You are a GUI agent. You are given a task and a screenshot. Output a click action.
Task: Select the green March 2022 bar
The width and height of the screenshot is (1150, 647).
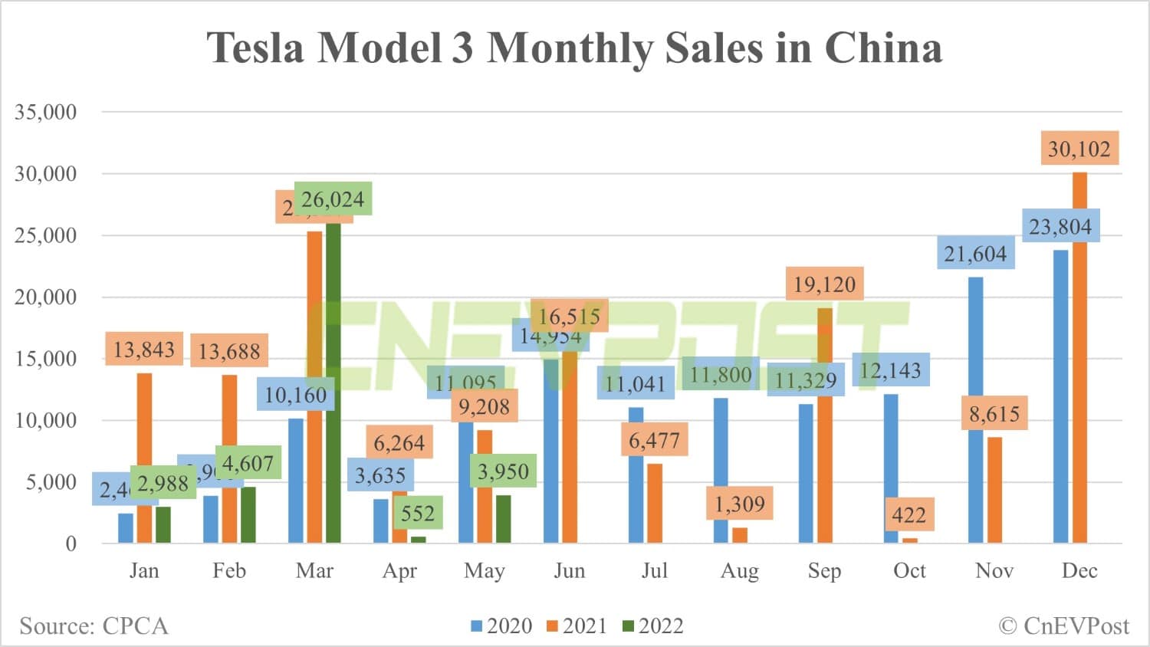tap(333, 383)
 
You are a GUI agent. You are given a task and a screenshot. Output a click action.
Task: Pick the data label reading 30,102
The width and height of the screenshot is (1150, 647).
tap(1079, 149)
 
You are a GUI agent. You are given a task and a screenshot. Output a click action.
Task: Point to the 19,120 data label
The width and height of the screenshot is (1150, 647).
tap(824, 284)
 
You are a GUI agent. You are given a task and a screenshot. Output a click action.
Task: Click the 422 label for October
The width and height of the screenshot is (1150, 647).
tap(909, 514)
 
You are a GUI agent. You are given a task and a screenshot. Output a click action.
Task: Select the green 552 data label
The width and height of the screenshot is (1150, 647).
tap(418, 513)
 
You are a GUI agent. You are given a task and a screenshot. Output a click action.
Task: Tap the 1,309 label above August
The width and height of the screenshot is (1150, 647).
tap(740, 504)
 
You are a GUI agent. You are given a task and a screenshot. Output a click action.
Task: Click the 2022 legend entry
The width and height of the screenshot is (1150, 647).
tap(652, 626)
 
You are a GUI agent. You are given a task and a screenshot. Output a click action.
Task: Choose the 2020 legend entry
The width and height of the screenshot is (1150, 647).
tap(501, 626)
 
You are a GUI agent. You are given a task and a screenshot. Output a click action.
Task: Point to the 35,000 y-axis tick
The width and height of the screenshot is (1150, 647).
tap(46, 112)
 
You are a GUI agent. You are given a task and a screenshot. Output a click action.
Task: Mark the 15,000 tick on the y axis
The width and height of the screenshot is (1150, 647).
tap(46, 359)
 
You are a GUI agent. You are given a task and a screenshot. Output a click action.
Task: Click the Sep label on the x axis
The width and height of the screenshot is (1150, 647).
tap(824, 571)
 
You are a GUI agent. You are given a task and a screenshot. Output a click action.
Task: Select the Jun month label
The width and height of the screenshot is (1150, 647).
tap(570, 571)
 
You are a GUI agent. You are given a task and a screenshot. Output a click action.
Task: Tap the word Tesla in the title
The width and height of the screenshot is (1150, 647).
tap(256, 48)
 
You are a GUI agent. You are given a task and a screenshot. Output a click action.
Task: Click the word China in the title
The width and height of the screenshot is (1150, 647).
tap(883, 48)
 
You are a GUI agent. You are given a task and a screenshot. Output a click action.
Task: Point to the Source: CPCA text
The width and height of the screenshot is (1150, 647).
tap(94, 626)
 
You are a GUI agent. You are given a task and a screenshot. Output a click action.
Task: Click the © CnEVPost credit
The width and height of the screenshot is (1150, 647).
tap(1064, 626)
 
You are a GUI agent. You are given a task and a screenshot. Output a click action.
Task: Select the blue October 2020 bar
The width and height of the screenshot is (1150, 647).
tap(891, 469)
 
